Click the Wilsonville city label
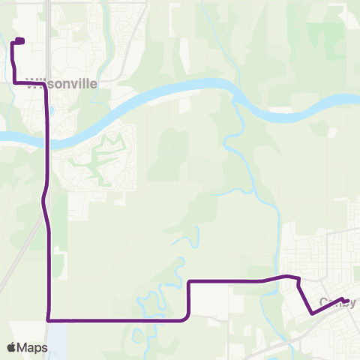(x=64, y=84)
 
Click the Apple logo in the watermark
(x=11, y=347)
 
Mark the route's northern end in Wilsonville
(x=20, y=40)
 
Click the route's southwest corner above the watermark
(x=49, y=320)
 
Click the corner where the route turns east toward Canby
(x=189, y=282)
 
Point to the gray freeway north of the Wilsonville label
(x=48, y=30)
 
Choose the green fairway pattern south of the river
(x=97, y=161)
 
